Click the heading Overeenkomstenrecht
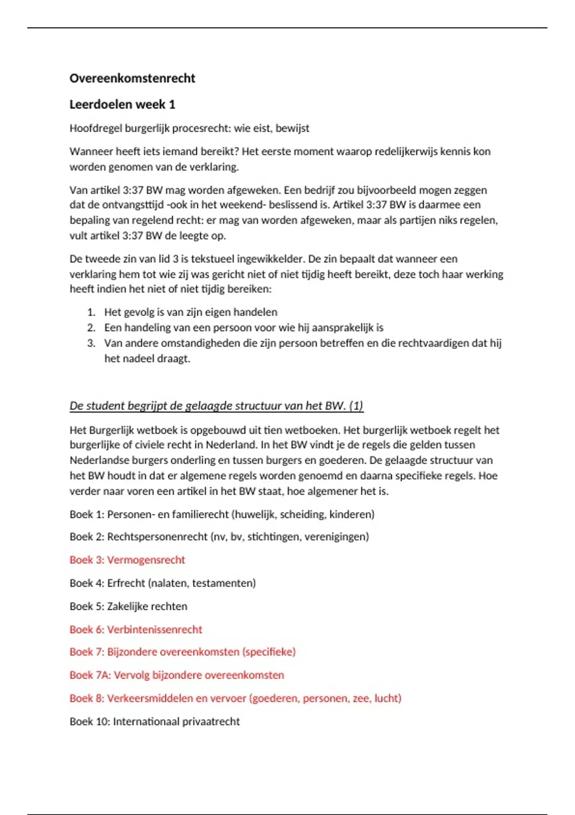132,79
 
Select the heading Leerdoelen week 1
122,105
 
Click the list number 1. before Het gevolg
92,313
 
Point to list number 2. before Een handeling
92,328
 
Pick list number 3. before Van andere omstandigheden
92,343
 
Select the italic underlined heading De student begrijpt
216,406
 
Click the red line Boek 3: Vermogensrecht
127,560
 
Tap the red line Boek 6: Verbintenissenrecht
136,629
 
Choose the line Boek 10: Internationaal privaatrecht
154,722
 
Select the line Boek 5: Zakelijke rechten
128,606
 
